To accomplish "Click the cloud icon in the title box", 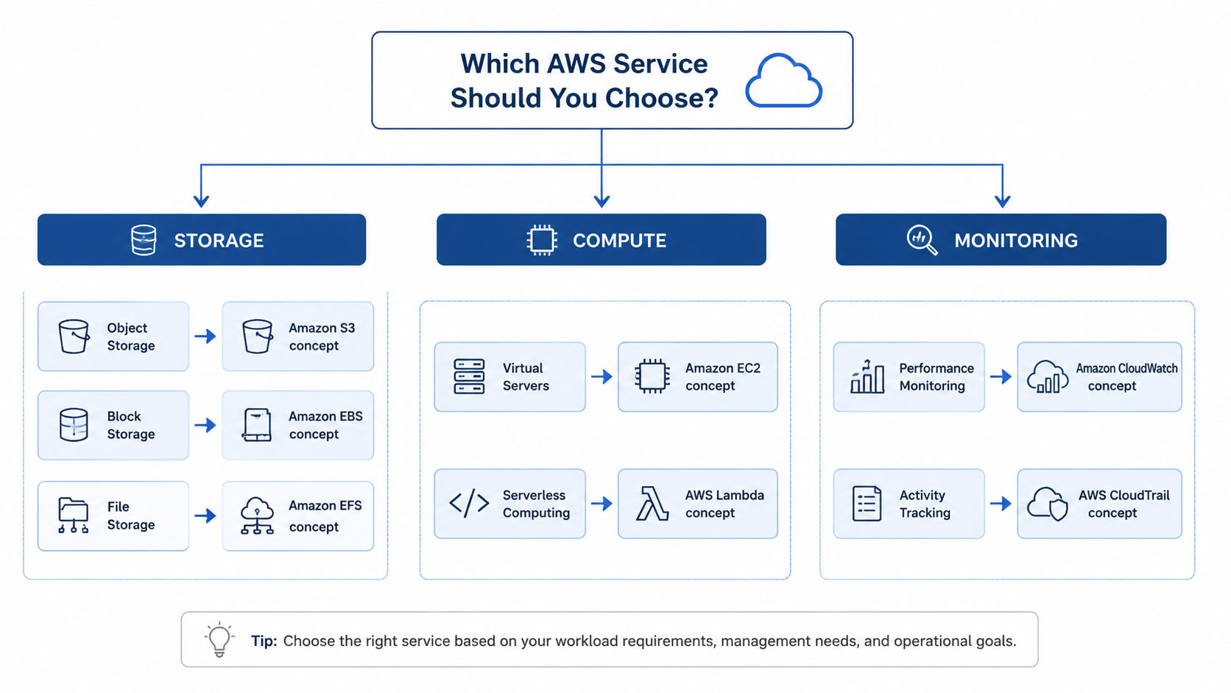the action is point(783,80).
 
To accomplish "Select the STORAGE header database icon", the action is point(144,240).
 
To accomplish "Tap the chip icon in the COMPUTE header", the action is point(542,240).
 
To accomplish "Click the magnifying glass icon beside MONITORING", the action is point(922,240).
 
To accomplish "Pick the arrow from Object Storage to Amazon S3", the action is point(205,336).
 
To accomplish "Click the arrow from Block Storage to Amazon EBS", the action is point(205,425).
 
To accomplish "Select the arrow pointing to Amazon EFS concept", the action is point(205,516).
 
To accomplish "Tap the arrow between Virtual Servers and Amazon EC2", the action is point(602,376).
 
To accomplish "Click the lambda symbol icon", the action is point(652,504).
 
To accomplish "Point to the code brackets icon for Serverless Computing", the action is point(469,504).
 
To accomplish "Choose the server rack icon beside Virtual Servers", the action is point(469,376).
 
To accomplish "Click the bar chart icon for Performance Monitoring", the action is point(867,376).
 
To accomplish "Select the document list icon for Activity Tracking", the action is point(867,504).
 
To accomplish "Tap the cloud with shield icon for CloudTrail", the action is point(1048,504).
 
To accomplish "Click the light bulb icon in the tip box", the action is point(219,640).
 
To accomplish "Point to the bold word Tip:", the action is point(264,641).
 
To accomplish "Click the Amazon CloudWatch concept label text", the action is point(1126,376).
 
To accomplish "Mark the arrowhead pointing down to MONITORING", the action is point(1002,200).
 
